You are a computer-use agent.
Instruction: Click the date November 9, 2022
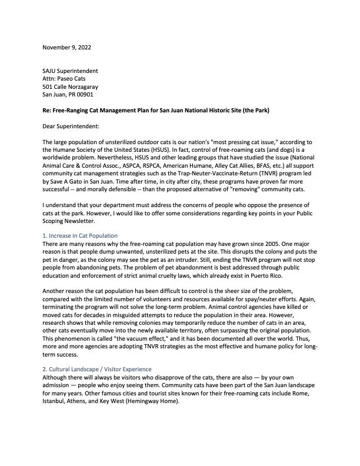(x=66, y=47)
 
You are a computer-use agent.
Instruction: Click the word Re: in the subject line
(x=47, y=110)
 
